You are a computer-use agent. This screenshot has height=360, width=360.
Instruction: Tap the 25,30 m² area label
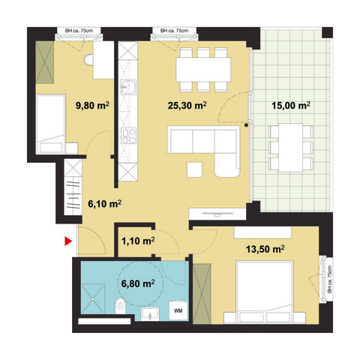(x=187, y=105)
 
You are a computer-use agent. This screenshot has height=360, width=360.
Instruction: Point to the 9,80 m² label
(x=93, y=105)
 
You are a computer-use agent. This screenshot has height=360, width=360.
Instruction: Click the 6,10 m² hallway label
(x=105, y=202)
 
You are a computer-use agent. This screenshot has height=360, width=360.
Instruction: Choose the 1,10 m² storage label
(x=138, y=241)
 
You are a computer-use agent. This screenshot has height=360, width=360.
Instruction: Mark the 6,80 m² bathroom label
(x=138, y=283)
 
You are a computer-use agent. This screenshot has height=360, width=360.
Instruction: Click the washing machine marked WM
(x=178, y=309)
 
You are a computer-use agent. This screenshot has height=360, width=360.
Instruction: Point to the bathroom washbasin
(x=148, y=314)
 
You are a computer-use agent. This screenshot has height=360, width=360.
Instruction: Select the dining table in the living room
(x=202, y=69)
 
